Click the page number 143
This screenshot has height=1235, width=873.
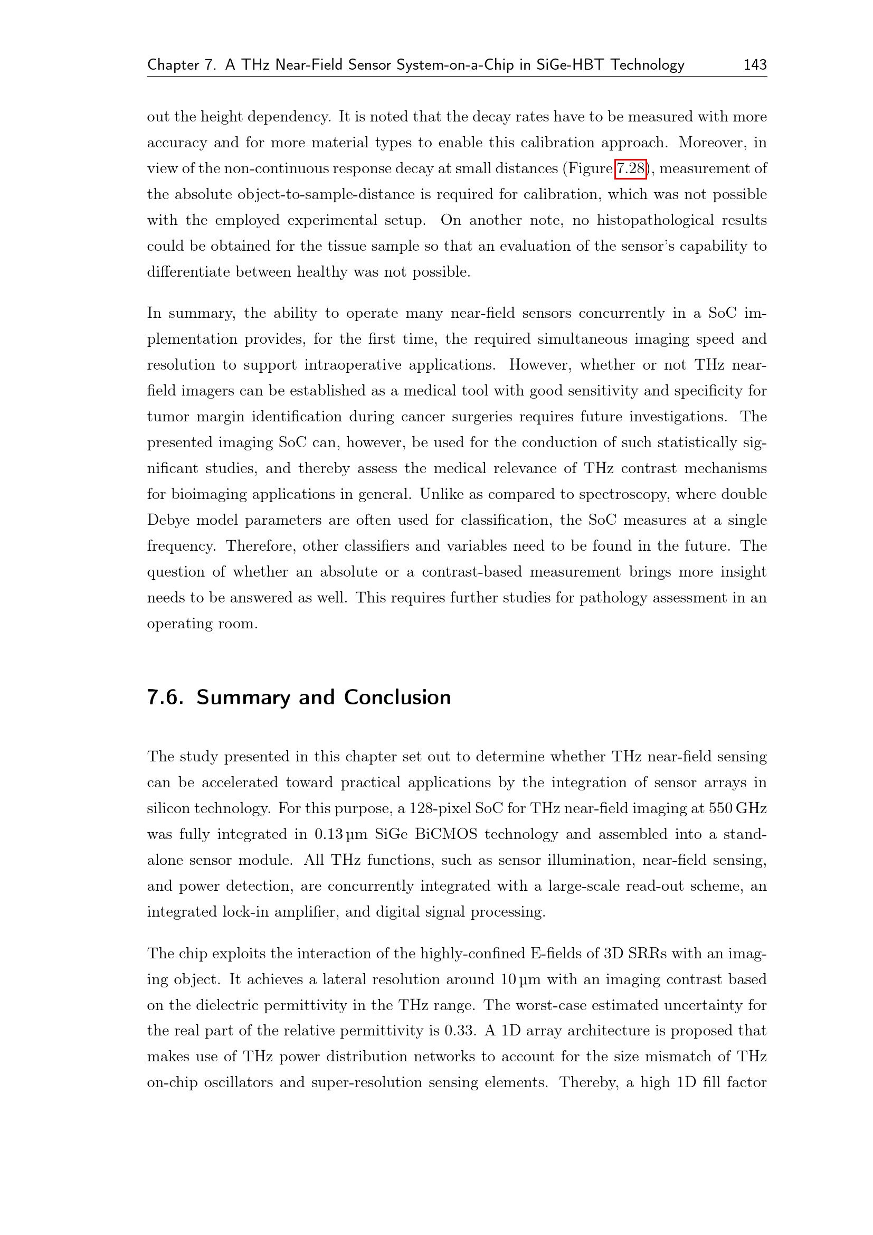(754, 64)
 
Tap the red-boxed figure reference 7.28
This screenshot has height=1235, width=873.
(630, 169)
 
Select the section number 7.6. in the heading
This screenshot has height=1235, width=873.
(166, 697)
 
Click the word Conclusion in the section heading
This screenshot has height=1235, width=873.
(397, 697)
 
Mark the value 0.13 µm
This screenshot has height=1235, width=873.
(341, 834)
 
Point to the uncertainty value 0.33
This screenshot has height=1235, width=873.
(460, 1031)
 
